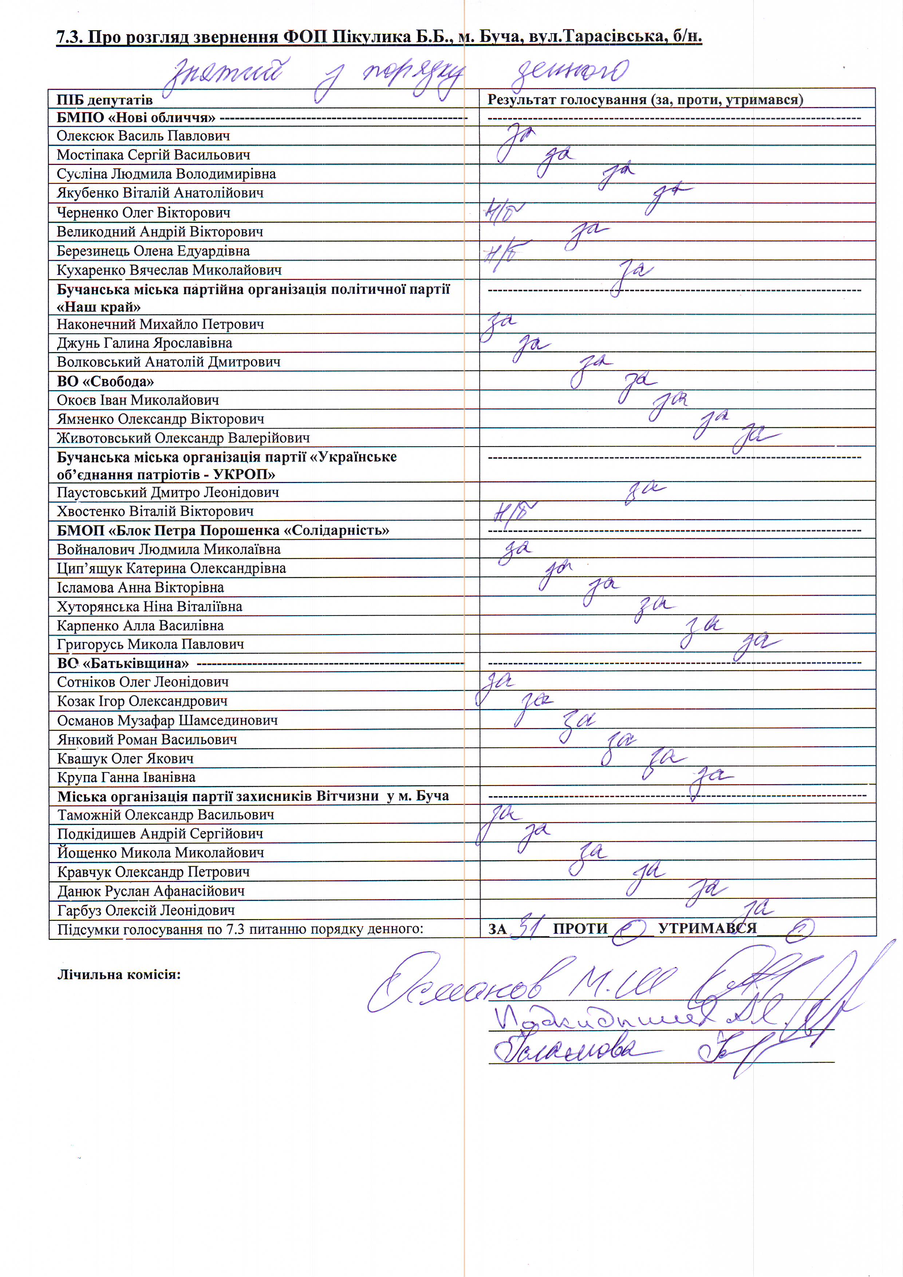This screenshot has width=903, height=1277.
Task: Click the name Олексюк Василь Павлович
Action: (x=143, y=136)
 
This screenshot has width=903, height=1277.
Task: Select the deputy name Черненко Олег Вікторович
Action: (x=143, y=213)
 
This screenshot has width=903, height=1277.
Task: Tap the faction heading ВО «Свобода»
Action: (x=105, y=381)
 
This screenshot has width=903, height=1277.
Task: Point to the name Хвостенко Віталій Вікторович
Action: (x=155, y=511)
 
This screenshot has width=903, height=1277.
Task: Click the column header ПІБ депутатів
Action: (x=105, y=100)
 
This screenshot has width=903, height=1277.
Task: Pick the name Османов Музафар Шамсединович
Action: (x=167, y=721)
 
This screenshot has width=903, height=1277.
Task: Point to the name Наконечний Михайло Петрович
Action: (x=160, y=324)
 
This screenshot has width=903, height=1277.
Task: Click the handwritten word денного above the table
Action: (x=570, y=74)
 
